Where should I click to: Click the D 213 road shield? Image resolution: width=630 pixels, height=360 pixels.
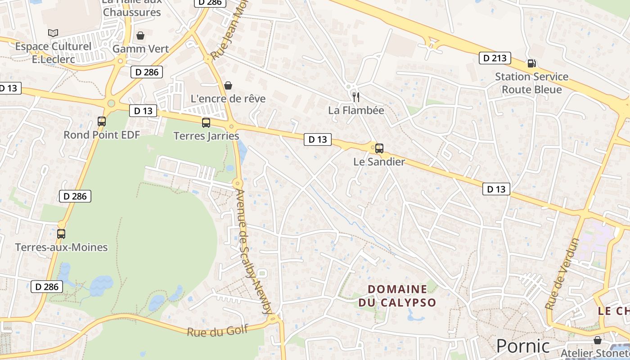495,58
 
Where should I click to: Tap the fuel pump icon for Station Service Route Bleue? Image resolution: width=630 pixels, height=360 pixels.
531,63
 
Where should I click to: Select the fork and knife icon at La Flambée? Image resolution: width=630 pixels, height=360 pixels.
356,97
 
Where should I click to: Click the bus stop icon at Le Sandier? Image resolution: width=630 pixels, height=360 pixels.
379,148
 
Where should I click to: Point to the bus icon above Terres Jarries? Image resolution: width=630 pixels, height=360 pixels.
206,122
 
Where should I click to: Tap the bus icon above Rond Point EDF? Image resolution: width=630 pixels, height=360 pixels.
102,121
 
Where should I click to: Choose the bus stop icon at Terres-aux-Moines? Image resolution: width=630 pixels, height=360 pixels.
61,234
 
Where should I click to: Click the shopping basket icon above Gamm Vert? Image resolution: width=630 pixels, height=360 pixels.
141,35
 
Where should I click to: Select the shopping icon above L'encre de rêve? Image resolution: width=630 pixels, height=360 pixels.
228,85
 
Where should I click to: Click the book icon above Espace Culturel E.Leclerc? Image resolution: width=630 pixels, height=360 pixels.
53,33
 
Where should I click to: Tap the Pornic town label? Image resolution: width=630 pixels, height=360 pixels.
523,346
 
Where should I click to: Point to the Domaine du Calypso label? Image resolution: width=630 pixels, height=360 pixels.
397,296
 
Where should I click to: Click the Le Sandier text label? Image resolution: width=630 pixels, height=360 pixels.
379,162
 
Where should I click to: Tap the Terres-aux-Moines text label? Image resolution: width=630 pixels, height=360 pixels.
61,247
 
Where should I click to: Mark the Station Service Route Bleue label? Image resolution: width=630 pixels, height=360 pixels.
532,83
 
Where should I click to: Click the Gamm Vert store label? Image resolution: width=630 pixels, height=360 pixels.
141,49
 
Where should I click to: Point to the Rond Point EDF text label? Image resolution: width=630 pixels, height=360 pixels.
102,135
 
